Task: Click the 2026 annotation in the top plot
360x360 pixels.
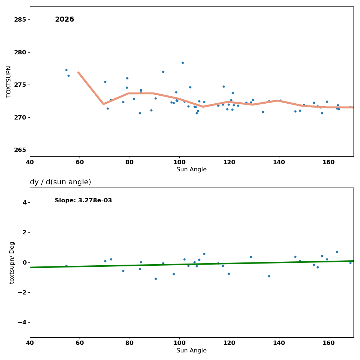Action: point(64,20)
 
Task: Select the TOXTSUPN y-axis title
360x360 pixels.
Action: point(9,81)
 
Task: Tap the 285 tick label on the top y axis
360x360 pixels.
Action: point(20,19)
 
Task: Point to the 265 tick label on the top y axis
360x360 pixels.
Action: point(20,150)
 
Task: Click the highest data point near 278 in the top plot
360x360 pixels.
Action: point(183,63)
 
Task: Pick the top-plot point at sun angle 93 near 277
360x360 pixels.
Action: point(163,72)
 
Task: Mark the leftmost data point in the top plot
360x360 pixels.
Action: point(66,70)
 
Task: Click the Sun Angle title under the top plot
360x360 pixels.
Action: point(192,170)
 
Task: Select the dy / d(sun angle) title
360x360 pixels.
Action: point(60,182)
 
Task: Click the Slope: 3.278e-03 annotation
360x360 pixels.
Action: point(83,201)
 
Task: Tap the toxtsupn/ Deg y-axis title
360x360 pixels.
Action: point(12,262)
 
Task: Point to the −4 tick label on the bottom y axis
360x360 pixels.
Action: point(22,322)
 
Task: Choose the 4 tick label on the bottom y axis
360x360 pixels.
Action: point(24,202)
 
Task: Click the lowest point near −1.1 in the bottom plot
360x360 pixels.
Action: point(156,279)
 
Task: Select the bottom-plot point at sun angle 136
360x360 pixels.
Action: point(269,276)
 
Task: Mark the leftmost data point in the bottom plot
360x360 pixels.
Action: point(66,266)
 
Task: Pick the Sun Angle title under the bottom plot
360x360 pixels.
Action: point(192,351)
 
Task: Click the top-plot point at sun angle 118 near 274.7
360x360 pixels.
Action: point(224,86)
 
